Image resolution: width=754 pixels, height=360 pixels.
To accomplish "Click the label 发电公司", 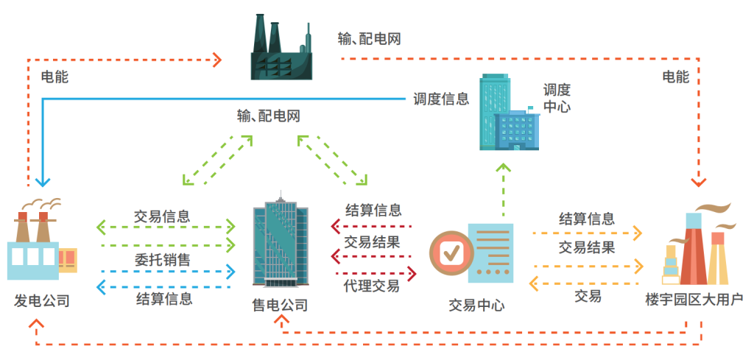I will point(42,300).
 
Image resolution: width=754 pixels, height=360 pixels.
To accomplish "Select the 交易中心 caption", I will point(477,304).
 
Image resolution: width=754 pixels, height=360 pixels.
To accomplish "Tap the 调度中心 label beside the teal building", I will point(557,98).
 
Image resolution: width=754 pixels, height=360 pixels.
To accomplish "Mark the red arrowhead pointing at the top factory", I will point(217,59).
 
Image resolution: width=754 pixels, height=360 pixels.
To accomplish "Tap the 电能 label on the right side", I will point(675,77).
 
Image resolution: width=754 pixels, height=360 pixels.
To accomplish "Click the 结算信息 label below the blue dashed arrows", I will point(164,298).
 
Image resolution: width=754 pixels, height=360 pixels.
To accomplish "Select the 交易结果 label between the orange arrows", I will point(587,247).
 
